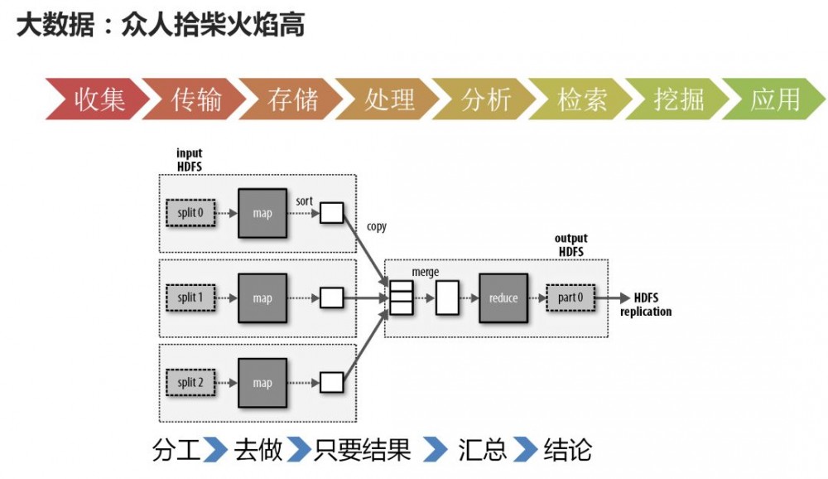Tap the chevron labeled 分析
485,99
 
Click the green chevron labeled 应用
774,99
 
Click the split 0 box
190,213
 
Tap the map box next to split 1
262,298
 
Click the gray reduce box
503,298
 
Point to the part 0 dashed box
570,298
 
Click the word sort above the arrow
305,201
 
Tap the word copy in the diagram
376,227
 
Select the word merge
426,272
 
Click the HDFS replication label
646,305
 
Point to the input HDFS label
189,160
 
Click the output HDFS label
570,244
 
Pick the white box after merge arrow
447,298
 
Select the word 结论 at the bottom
567,450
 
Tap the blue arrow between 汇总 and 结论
525,450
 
